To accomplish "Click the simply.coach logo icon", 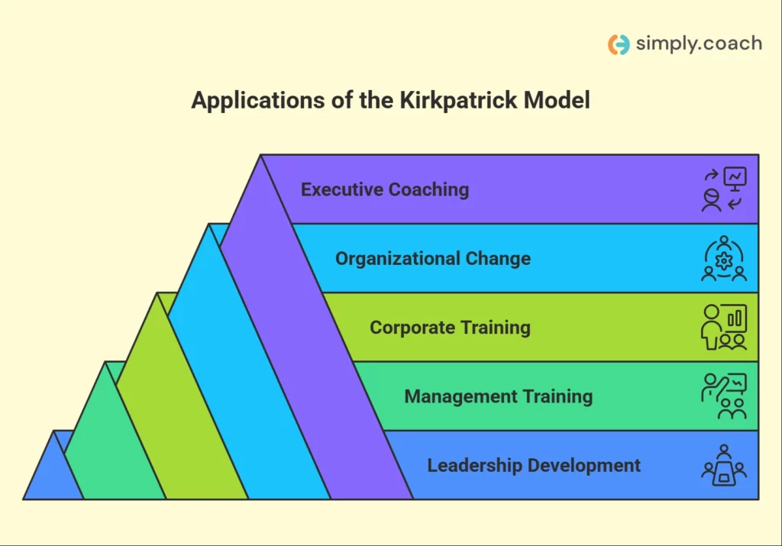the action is click(619, 44).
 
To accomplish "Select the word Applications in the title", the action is click(258, 101).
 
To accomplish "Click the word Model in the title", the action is click(557, 100).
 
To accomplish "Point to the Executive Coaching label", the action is click(385, 189).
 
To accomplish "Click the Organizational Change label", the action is click(433, 258).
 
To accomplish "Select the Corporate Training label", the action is click(450, 328).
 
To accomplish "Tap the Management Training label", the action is click(498, 396).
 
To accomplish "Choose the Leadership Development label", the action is click(534, 465).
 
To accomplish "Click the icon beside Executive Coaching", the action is click(724, 189).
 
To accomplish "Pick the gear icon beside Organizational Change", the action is click(724, 260).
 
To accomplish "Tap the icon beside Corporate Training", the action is click(724, 327).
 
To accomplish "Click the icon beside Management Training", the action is click(724, 396).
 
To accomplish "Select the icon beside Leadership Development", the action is click(724, 465).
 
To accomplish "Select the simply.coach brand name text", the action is click(699, 44).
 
